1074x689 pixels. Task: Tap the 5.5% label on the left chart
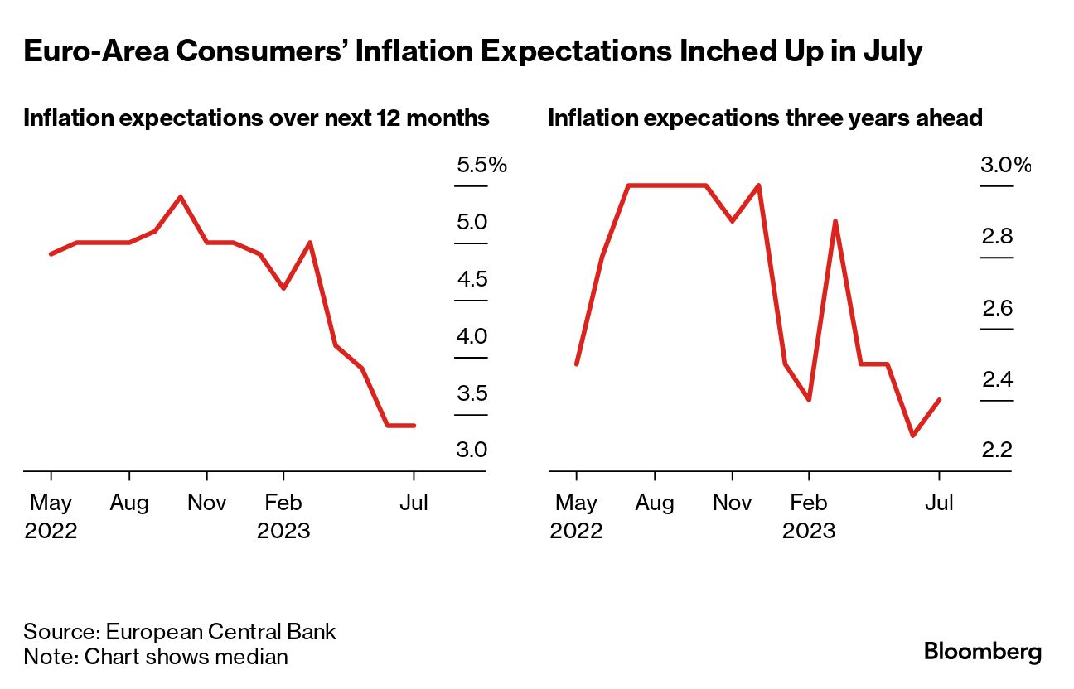tap(481, 166)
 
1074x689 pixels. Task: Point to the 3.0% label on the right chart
tap(1005, 166)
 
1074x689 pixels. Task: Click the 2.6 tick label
tap(997, 309)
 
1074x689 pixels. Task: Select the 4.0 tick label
tap(472, 337)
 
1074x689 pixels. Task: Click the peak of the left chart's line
tap(181, 197)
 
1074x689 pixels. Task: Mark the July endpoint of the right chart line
tap(939, 400)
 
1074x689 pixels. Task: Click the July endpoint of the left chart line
tap(414, 426)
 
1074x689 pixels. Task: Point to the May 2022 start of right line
tap(576, 364)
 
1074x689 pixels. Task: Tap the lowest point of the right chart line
tap(912, 436)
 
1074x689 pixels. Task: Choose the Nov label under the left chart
tap(207, 503)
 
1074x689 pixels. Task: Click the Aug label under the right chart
tap(655, 503)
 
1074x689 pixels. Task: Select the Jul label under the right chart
tap(939, 503)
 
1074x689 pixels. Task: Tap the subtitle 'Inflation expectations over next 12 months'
tap(256, 118)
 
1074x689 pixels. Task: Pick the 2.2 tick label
tap(997, 450)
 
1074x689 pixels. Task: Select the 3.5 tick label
tap(472, 393)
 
